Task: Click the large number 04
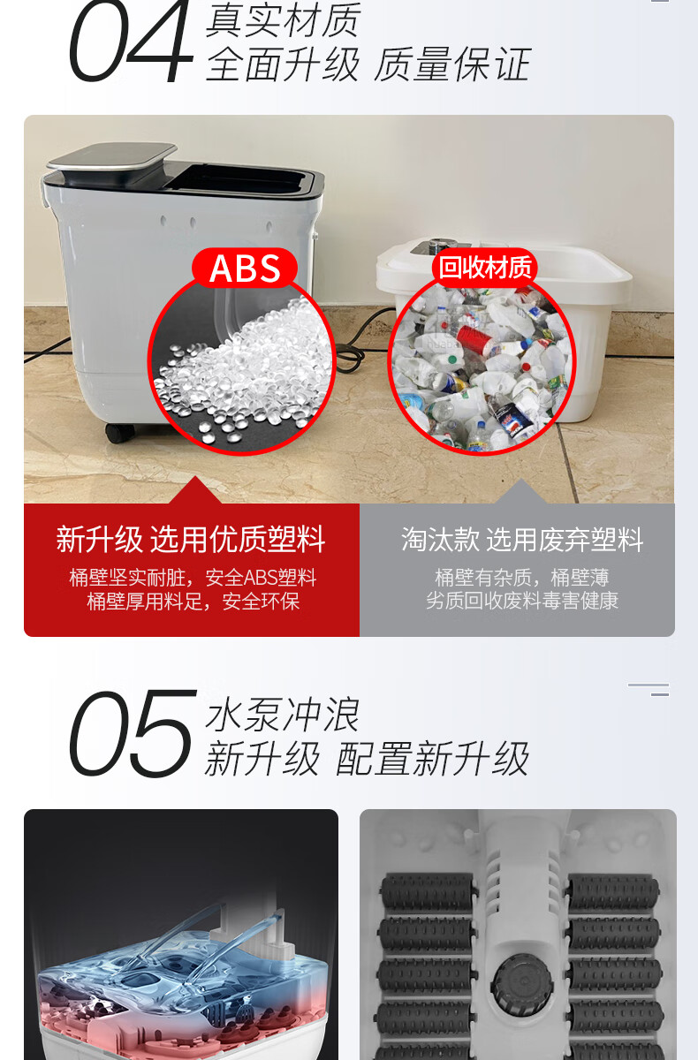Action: pos(131,41)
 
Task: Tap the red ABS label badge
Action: pos(245,268)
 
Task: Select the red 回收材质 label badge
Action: pos(484,268)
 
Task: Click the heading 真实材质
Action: pos(284,19)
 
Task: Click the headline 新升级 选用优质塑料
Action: pos(191,539)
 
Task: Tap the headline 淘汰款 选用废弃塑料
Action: pos(522,539)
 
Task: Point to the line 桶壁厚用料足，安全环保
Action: pos(193,602)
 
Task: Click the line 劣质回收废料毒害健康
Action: pos(522,601)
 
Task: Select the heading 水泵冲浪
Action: pos(282,715)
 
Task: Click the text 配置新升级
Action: pos(431,759)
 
